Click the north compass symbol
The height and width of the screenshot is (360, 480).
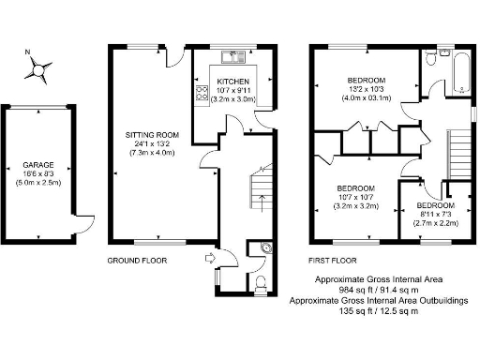point(38,67)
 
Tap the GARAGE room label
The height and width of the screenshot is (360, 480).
point(38,163)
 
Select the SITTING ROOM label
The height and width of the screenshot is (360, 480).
point(152,135)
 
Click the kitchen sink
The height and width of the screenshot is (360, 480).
point(232,57)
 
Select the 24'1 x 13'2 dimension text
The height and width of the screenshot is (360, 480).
point(152,143)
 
